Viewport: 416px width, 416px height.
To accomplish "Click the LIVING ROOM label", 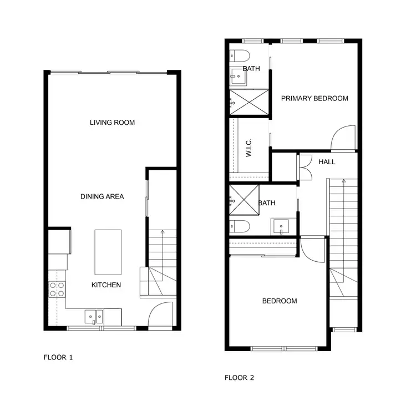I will pyautogui.click(x=112, y=123).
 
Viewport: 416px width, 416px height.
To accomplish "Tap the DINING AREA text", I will pyautogui.click(x=102, y=196).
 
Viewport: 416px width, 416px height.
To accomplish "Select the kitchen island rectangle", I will pyautogui.click(x=108, y=252).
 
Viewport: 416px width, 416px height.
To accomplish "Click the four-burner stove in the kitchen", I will pyautogui.click(x=57, y=289).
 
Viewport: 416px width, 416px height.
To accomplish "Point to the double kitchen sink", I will pyautogui.click(x=94, y=317).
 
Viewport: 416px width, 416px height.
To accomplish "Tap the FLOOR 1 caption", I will pyautogui.click(x=58, y=357).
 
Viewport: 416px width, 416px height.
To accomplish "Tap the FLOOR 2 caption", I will pyautogui.click(x=239, y=378).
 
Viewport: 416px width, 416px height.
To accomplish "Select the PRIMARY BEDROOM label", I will pyautogui.click(x=314, y=98).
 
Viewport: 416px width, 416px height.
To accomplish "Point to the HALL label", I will pyautogui.click(x=327, y=162).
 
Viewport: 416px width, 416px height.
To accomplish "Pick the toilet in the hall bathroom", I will pyautogui.click(x=239, y=226).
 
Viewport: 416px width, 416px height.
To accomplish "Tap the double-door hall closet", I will pyautogui.click(x=305, y=166).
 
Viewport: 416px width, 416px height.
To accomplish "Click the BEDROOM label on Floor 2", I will pyautogui.click(x=280, y=301).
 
